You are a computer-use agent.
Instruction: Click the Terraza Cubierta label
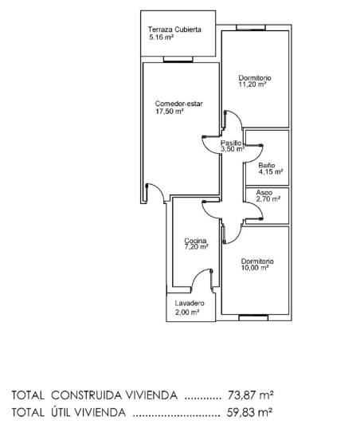pyautogui.click(x=174, y=29)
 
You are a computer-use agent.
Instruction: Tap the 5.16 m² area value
pyautogui.click(x=162, y=37)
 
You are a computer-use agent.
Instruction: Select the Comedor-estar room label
pyautogui.click(x=174, y=104)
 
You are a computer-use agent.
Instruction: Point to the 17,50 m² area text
pyautogui.click(x=170, y=112)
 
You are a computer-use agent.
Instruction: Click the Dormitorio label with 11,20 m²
pyautogui.click(x=255, y=77)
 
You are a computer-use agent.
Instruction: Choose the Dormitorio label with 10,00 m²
pyautogui.click(x=257, y=261)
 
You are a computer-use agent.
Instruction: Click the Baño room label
pyautogui.click(x=266, y=164)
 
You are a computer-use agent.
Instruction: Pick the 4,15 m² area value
pyautogui.click(x=270, y=171)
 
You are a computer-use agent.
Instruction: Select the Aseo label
pyautogui.click(x=264, y=192)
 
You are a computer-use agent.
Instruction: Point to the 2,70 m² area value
pyautogui.click(x=268, y=199)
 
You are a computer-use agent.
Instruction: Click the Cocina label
pyautogui.click(x=195, y=241)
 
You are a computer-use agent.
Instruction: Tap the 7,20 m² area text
pyautogui.click(x=196, y=247)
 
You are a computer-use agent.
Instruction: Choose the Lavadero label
pyautogui.click(x=190, y=304)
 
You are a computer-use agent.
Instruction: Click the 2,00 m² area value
pyautogui.click(x=187, y=312)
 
